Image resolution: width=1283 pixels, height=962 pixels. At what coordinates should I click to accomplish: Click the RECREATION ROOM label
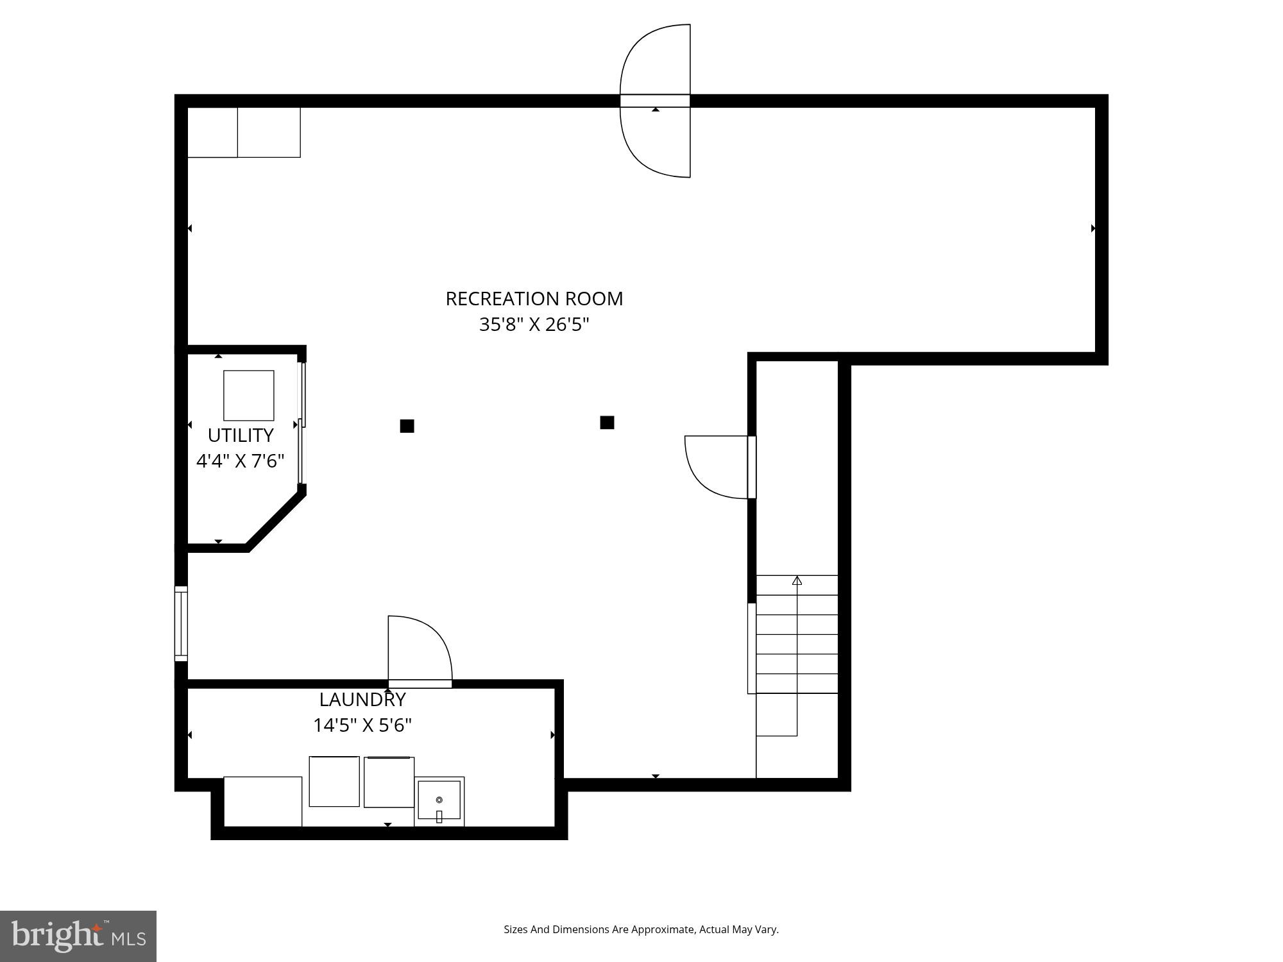(534, 299)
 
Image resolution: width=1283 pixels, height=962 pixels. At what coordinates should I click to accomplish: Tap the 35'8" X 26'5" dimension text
(534, 325)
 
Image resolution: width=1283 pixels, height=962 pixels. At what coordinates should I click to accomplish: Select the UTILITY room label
(241, 435)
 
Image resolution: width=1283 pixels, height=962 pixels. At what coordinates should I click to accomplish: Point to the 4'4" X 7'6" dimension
(240, 461)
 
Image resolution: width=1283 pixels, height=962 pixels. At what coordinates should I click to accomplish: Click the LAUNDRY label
(362, 699)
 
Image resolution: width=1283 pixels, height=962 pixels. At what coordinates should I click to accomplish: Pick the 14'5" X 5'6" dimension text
(362, 725)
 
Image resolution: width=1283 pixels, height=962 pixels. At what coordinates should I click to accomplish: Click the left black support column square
(407, 426)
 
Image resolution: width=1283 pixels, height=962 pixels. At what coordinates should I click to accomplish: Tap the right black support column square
(607, 422)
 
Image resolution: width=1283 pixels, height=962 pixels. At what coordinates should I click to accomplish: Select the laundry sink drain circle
(439, 800)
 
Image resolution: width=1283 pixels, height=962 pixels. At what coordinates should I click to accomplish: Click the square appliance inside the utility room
(249, 395)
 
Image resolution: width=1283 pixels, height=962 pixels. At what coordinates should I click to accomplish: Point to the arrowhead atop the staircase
(797, 580)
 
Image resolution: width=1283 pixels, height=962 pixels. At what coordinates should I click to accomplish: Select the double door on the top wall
(655, 101)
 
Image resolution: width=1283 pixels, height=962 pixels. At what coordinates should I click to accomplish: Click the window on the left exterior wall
(181, 623)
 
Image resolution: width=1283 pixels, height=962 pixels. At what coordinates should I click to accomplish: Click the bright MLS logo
(78, 936)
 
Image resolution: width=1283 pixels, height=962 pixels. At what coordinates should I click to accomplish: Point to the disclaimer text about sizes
(641, 929)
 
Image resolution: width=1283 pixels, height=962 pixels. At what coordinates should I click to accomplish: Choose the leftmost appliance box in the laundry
(263, 802)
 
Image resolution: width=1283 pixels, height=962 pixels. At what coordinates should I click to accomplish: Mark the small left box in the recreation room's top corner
(212, 132)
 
